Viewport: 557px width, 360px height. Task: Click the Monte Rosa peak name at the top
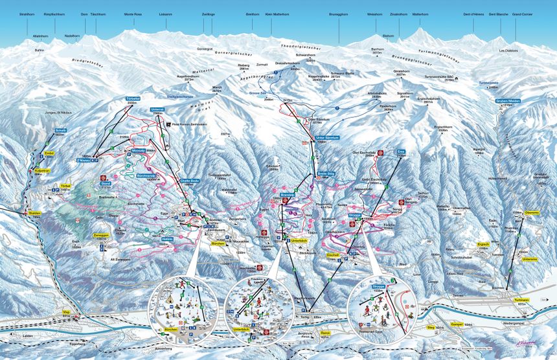[x=133, y=14]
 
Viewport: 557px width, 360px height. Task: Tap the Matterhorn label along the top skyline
[x=420, y=14]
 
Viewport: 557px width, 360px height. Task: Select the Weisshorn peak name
[x=375, y=14]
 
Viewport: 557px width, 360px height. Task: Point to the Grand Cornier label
[x=522, y=14]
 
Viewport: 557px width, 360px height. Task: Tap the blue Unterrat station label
[x=157, y=110]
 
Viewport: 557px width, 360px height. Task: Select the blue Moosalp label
[x=138, y=150]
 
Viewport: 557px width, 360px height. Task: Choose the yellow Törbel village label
[x=65, y=186]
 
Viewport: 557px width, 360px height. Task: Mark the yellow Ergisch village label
[x=483, y=244]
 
